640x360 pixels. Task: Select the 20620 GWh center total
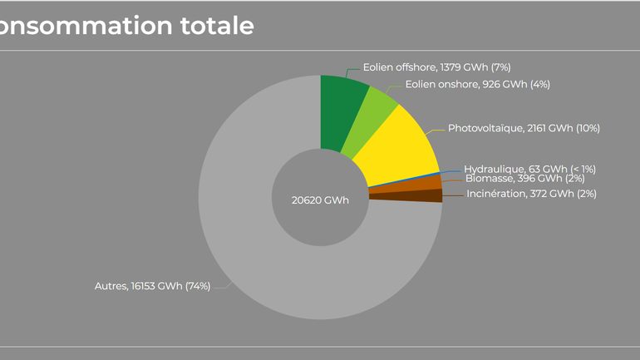(x=320, y=200)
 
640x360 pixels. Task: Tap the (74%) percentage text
(x=198, y=286)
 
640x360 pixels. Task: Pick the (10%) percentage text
(x=588, y=128)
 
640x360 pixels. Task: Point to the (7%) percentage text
(x=500, y=67)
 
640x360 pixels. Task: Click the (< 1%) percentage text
(x=583, y=169)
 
